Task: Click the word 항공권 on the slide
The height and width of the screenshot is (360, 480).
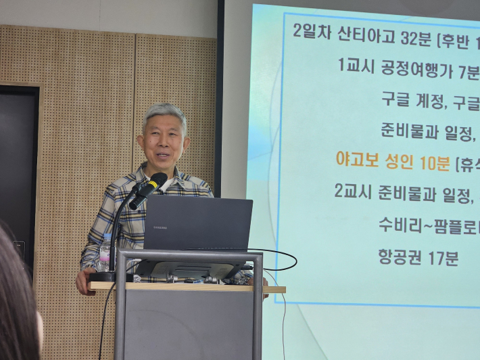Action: click(x=399, y=258)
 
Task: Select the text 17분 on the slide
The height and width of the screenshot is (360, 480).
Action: click(x=443, y=258)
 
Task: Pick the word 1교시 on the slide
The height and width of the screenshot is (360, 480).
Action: click(x=353, y=66)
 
